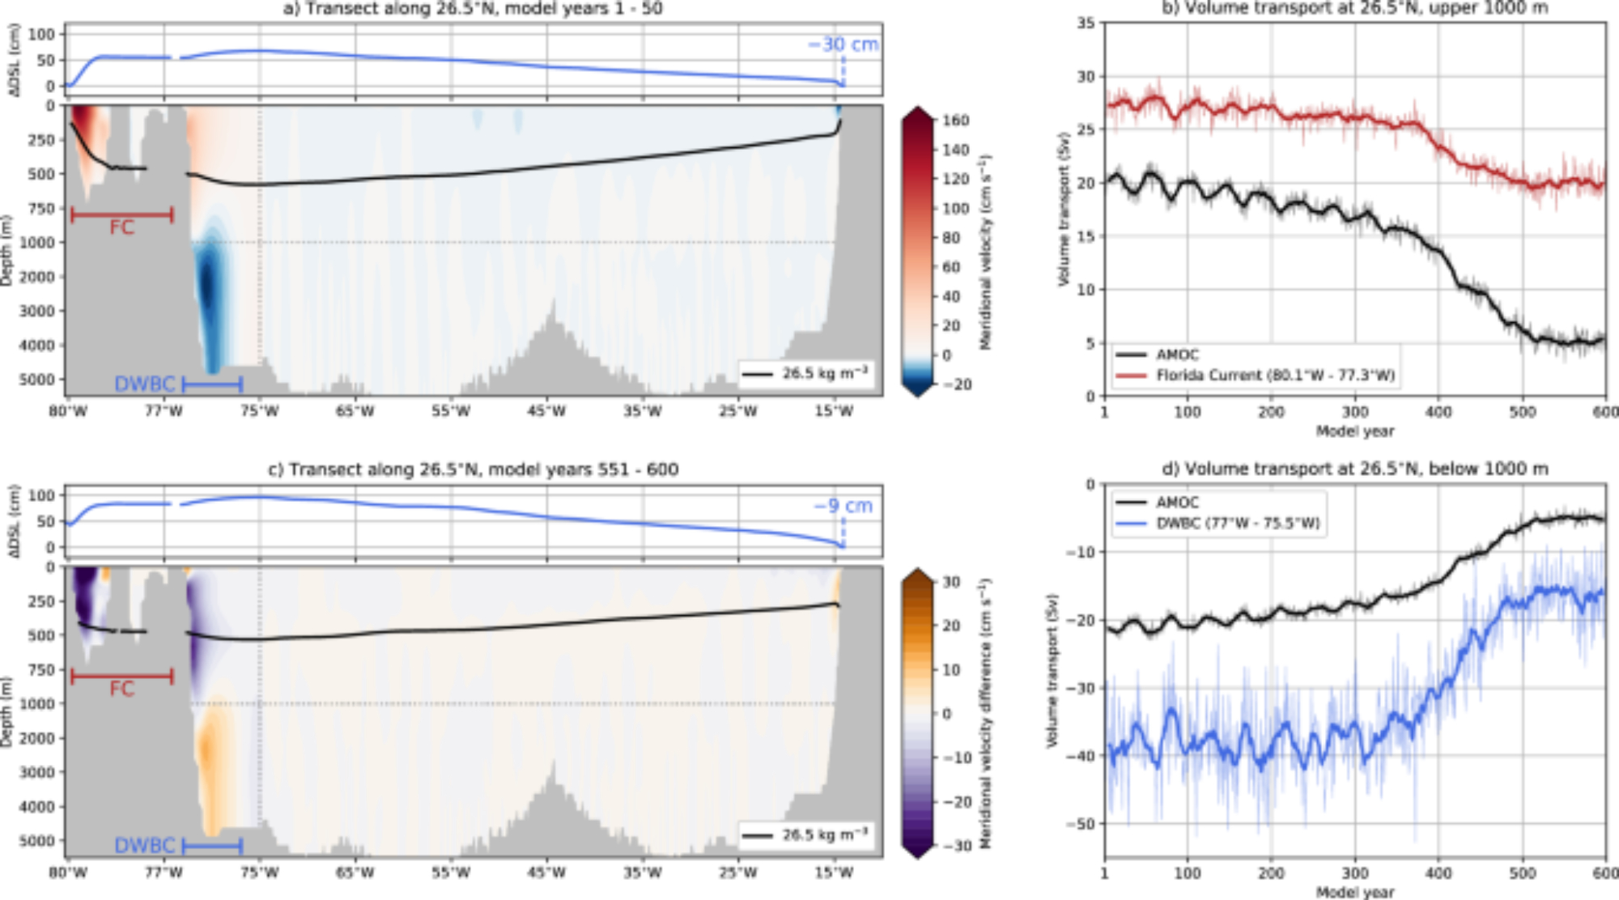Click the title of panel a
(x=473, y=8)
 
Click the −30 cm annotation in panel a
(x=843, y=45)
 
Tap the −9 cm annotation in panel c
(x=843, y=506)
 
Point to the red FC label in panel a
(x=121, y=227)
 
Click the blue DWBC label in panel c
(x=144, y=846)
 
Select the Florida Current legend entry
(x=1274, y=376)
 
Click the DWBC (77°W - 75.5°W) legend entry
(x=1237, y=524)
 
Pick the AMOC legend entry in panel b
(x=1177, y=354)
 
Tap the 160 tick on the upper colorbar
(x=955, y=120)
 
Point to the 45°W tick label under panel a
(x=546, y=411)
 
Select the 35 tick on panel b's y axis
(x=1086, y=23)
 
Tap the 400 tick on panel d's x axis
(x=1438, y=873)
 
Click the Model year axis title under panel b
(x=1355, y=431)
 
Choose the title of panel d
(x=1354, y=469)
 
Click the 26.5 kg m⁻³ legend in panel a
(x=824, y=373)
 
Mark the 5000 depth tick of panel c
(x=37, y=841)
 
